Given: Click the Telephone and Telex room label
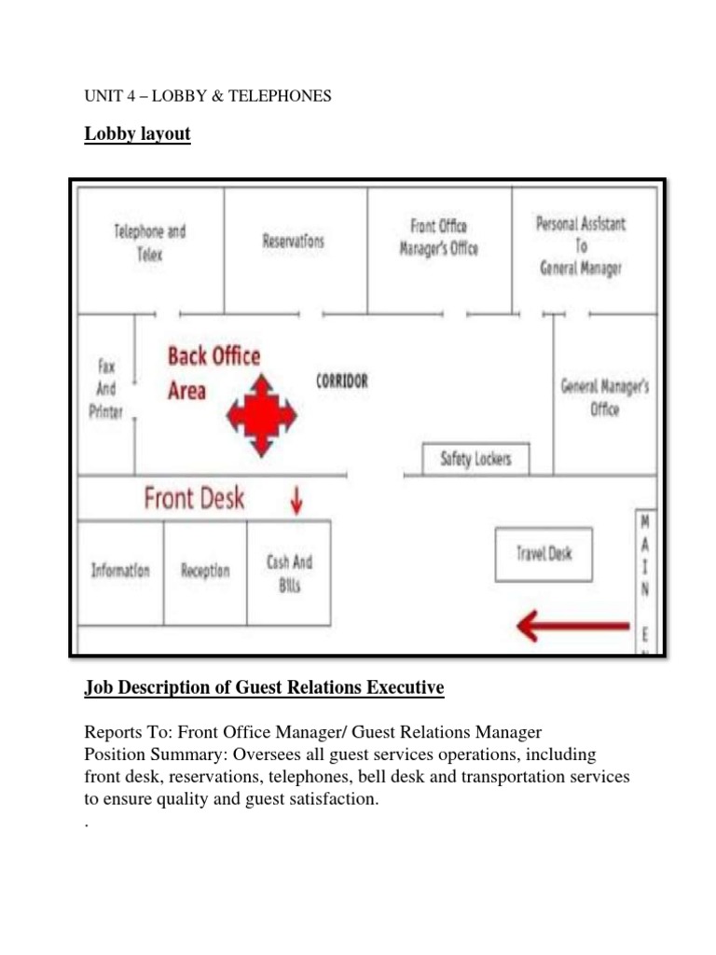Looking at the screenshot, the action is pyautogui.click(x=149, y=242).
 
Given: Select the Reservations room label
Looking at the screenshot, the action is pyautogui.click(x=293, y=241).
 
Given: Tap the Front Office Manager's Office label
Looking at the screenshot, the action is pyautogui.click(x=438, y=237).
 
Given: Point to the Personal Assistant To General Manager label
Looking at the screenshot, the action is pyautogui.click(x=581, y=246).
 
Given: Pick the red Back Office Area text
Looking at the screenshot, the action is pyautogui.click(x=213, y=372).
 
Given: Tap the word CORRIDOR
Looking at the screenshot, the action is pyautogui.click(x=342, y=381).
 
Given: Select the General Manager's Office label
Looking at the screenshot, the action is pyautogui.click(x=604, y=397).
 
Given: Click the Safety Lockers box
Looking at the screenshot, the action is pyautogui.click(x=475, y=460).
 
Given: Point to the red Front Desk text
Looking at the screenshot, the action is pyautogui.click(x=194, y=498).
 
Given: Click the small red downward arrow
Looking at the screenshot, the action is pyautogui.click(x=296, y=502).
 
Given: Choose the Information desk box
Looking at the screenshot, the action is pyautogui.click(x=119, y=571).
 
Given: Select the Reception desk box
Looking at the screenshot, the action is pyautogui.click(x=205, y=571).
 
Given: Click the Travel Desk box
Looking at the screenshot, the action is pyautogui.click(x=544, y=554).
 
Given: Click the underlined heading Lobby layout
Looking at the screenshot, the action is pyautogui.click(x=137, y=133).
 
